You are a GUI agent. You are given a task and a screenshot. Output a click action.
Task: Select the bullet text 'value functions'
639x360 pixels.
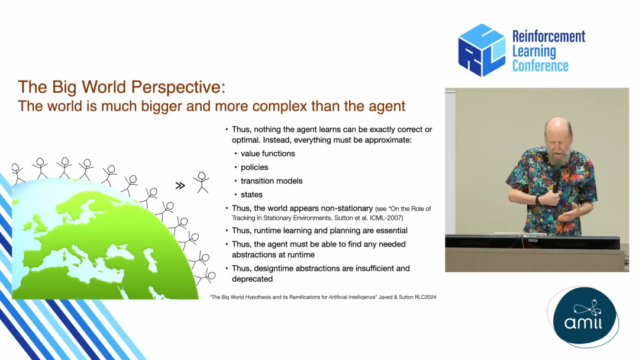[268, 154]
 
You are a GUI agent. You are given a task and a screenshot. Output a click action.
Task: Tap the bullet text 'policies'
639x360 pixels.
[254, 168]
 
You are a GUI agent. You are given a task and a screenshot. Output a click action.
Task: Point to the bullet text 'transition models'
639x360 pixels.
[272, 181]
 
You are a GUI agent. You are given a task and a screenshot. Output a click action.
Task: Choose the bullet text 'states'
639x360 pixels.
[251, 195]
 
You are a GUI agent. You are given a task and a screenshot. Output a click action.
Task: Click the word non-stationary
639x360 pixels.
[347, 209]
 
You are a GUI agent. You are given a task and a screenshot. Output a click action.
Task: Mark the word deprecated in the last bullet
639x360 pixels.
[252, 279]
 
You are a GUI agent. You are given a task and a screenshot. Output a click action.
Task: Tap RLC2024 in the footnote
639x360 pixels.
[425, 297]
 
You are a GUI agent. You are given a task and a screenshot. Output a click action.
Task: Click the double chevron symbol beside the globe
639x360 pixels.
[180, 186]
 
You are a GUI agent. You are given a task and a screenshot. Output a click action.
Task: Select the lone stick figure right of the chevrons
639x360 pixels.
[201, 182]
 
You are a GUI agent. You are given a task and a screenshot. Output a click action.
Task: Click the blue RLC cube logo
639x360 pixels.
[482, 50]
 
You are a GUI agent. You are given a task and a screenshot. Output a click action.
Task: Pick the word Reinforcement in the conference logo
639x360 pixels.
[548, 36]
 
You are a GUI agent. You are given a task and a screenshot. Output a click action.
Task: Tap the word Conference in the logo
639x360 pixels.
[540, 66]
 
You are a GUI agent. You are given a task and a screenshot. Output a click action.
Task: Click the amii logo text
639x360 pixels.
[583, 323]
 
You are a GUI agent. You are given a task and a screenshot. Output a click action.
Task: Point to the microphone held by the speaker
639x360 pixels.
[556, 179]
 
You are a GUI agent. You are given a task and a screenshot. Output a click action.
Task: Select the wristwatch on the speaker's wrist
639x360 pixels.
[539, 200]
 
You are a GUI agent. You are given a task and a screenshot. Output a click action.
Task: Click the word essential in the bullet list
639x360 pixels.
[389, 231]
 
